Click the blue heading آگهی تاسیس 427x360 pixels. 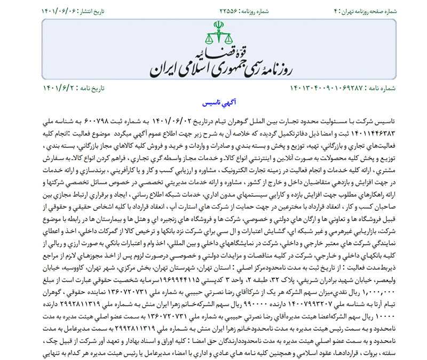pos(213,103)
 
